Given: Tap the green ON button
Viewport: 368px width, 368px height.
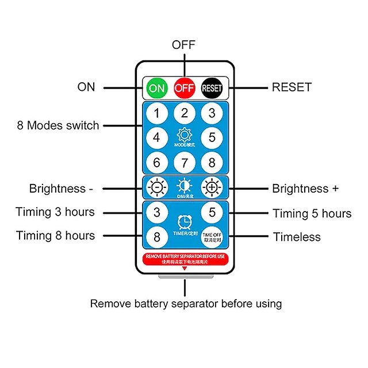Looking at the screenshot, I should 156,88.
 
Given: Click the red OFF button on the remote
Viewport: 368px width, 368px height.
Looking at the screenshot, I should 184,88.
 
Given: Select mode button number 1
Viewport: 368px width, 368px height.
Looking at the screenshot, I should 156,113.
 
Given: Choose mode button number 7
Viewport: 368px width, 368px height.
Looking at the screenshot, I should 184,163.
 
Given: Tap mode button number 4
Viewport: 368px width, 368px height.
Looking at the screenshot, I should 156,137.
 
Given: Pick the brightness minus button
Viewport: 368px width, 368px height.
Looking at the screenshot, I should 156,187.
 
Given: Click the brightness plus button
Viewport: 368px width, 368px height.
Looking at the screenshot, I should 211,187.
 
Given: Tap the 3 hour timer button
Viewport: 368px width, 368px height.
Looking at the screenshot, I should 156,212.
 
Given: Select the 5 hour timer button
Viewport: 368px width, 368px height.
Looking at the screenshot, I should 211,212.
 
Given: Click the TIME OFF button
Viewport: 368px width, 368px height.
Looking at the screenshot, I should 211,236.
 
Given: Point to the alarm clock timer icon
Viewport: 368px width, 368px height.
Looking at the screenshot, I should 184,221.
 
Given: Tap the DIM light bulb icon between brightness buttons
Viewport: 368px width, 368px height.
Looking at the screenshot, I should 184,186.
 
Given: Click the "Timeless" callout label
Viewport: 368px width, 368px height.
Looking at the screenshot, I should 297,237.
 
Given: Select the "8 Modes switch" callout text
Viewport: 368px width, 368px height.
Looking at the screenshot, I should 58,125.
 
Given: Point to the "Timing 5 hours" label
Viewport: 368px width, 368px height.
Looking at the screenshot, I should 312,213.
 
